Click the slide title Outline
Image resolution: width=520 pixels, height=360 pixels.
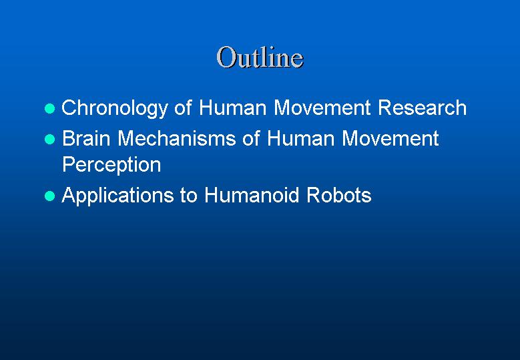[260, 57]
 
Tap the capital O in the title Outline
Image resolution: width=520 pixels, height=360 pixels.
[225, 57]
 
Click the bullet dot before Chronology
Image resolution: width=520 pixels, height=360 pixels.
[50, 108]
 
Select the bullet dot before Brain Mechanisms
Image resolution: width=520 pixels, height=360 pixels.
[50, 139]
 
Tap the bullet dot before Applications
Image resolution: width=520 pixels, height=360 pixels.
[50, 196]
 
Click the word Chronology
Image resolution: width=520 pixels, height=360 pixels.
[115, 108]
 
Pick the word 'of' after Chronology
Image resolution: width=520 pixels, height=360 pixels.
[183, 108]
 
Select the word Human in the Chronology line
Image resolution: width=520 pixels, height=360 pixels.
[232, 108]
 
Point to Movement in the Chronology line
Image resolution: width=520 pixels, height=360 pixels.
[322, 108]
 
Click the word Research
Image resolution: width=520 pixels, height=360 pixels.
[422, 108]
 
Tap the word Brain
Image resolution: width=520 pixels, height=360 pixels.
[86, 138]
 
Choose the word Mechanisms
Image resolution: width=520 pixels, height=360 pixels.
[177, 138]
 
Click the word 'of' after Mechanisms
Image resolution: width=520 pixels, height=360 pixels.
[251, 138]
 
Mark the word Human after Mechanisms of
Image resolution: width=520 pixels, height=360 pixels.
[300, 138]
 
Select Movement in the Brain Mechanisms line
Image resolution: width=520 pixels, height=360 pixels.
[391, 138]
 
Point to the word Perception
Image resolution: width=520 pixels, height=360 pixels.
[111, 165]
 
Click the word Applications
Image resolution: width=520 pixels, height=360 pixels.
[117, 196]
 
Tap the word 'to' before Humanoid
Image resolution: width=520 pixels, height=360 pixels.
[188, 196]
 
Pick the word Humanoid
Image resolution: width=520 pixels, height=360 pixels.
[252, 195]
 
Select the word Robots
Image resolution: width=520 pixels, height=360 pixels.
[339, 195]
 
